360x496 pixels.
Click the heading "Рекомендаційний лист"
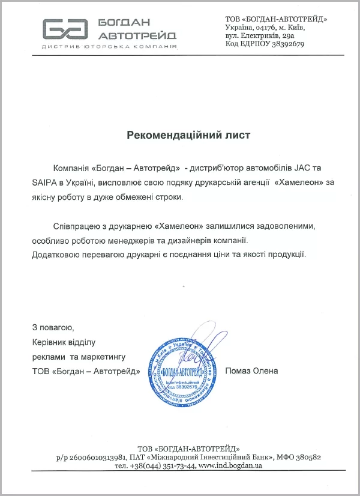pos(188,135)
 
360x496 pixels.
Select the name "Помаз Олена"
pos(251,370)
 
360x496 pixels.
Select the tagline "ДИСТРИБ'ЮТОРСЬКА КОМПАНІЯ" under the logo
pos(109,46)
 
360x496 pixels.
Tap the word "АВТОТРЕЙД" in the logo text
pos(139,34)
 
